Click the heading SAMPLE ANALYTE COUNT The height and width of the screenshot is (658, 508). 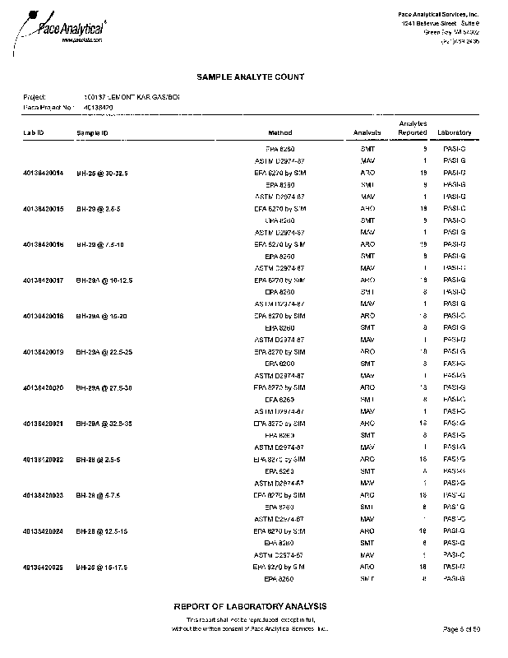coord(251,76)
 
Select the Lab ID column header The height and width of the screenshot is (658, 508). coord(34,132)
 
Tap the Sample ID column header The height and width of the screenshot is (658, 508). coord(93,132)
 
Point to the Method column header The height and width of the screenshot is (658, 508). coord(280,132)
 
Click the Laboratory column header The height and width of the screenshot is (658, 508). coord(454,132)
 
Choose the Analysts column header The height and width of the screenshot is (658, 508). coord(367,132)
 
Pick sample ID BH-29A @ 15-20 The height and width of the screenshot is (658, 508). coord(101,316)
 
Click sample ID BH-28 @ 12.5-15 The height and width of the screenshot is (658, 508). coord(101,531)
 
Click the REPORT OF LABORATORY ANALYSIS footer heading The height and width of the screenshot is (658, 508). coord(250,606)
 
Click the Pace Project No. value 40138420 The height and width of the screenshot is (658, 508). coord(98,107)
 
